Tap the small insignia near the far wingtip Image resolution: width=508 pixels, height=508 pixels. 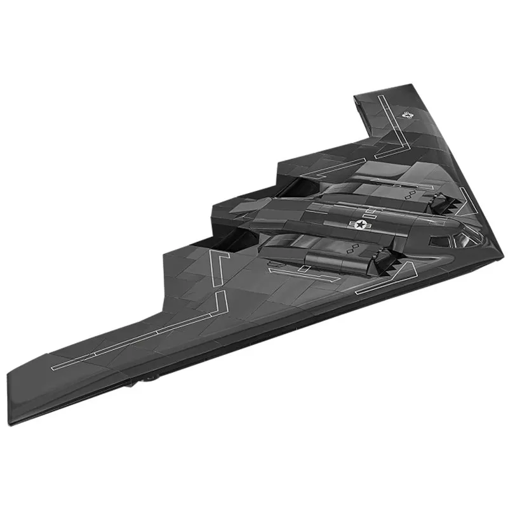click(408, 116)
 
